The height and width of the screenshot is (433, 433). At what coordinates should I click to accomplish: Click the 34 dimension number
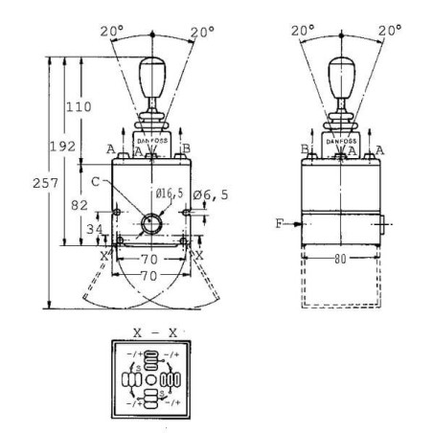95,230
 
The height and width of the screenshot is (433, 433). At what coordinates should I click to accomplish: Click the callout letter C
97,178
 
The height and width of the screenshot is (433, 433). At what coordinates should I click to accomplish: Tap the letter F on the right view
279,223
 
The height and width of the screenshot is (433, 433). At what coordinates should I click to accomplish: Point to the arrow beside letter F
292,223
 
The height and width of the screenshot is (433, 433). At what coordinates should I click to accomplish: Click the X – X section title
153,331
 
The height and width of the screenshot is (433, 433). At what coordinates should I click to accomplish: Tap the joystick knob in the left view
152,77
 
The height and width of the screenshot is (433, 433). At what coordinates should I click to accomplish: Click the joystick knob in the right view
340,77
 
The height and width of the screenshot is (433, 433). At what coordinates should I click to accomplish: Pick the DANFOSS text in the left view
152,140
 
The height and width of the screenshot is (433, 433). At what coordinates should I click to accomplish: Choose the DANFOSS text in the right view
340,140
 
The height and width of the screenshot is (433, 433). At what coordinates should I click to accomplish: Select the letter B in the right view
305,148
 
